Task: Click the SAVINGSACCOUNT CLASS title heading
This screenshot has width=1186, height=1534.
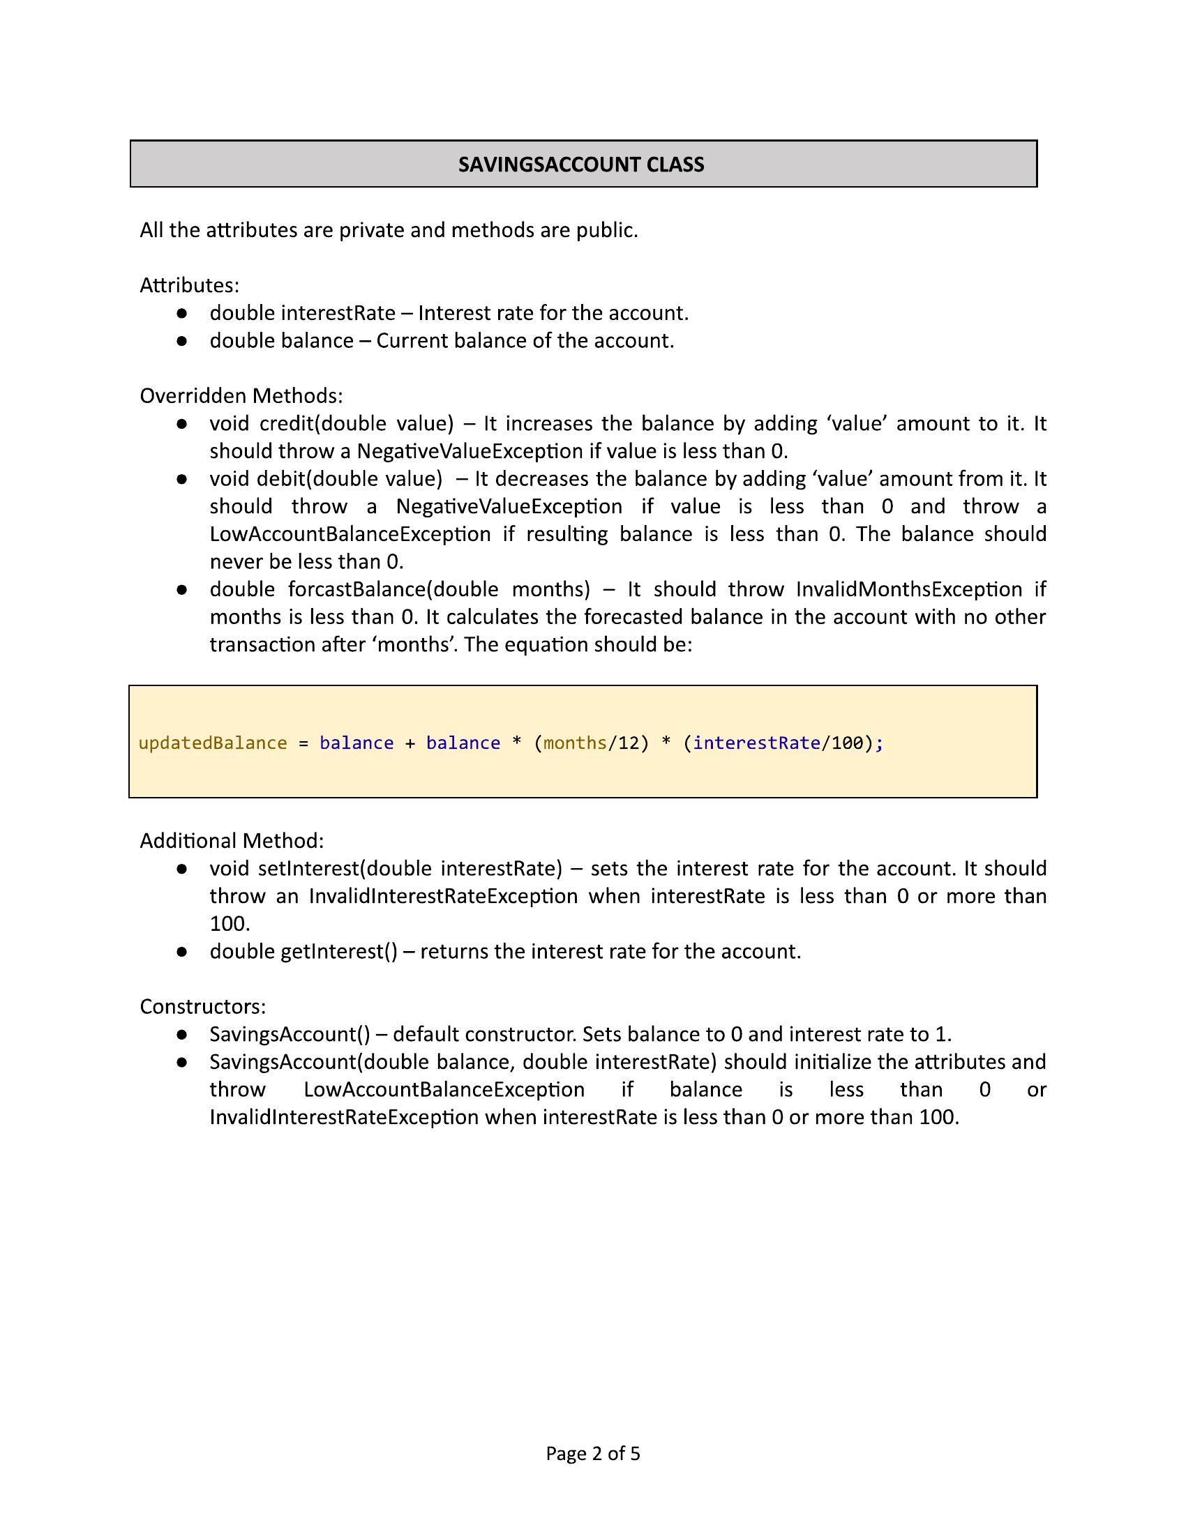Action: (x=581, y=165)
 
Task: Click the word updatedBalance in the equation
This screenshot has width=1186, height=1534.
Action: (x=212, y=743)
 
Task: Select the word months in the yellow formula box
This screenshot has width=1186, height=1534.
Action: (x=575, y=743)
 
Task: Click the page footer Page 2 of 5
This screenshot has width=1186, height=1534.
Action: (x=593, y=1453)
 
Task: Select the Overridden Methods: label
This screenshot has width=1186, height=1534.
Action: (x=241, y=396)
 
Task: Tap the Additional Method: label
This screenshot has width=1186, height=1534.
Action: (x=232, y=841)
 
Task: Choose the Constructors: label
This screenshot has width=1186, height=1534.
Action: (x=203, y=1006)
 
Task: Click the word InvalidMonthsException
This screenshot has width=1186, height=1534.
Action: (x=908, y=589)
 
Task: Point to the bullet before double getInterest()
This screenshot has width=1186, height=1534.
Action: (x=181, y=952)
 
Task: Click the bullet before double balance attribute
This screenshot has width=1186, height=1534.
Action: (x=181, y=341)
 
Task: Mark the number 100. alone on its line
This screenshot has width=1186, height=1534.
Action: (x=230, y=924)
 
